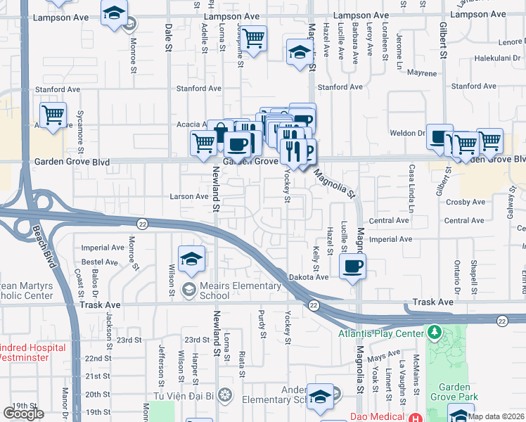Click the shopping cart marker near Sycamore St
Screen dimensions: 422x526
coord(53,115)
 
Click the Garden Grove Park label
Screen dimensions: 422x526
coord(458,392)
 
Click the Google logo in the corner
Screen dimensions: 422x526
coord(23,414)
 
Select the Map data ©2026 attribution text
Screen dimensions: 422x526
coord(496,416)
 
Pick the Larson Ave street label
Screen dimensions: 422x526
coord(188,196)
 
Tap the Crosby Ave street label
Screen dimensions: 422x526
coord(466,202)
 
